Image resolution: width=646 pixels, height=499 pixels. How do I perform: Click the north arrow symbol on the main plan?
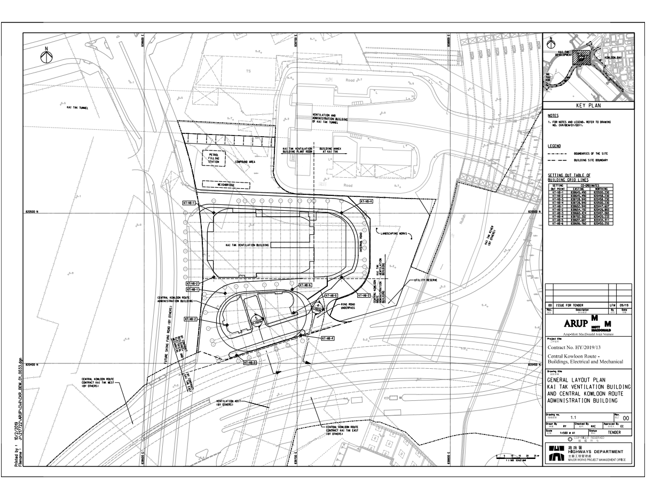click(x=46, y=56)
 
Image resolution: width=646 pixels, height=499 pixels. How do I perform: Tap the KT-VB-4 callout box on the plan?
click(x=366, y=201)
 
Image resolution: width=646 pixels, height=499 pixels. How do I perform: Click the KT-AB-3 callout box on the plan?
click(x=250, y=362)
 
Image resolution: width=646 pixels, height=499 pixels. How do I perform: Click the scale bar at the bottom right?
click(x=515, y=457)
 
